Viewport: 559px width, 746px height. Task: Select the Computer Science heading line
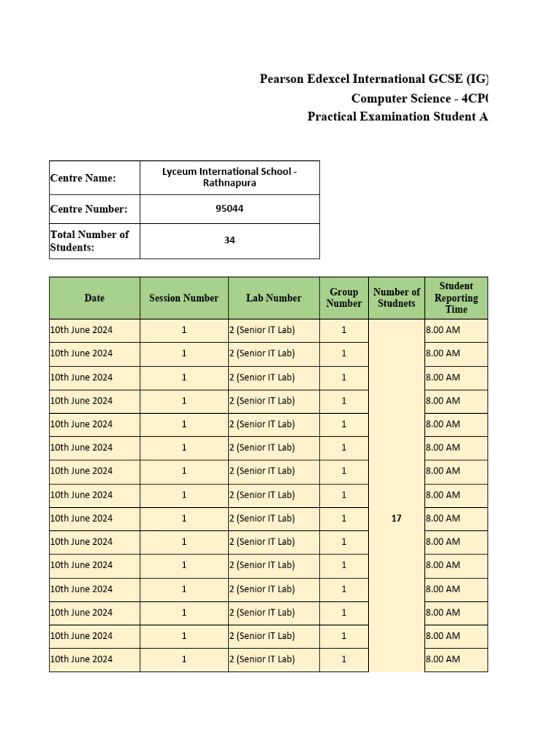(419, 98)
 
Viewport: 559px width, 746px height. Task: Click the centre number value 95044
(229, 209)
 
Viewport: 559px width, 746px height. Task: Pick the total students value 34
(229, 240)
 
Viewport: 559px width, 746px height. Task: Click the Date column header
(94, 298)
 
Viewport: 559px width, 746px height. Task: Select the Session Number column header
(183, 298)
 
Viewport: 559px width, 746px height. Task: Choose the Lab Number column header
(273, 298)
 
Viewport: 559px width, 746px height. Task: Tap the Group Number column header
(344, 298)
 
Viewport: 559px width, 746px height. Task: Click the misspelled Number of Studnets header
(396, 298)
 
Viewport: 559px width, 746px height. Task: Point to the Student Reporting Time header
(456, 298)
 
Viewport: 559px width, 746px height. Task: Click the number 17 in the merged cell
(396, 519)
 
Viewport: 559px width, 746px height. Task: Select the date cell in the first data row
(82, 330)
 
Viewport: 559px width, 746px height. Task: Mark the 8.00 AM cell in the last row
(443, 659)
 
